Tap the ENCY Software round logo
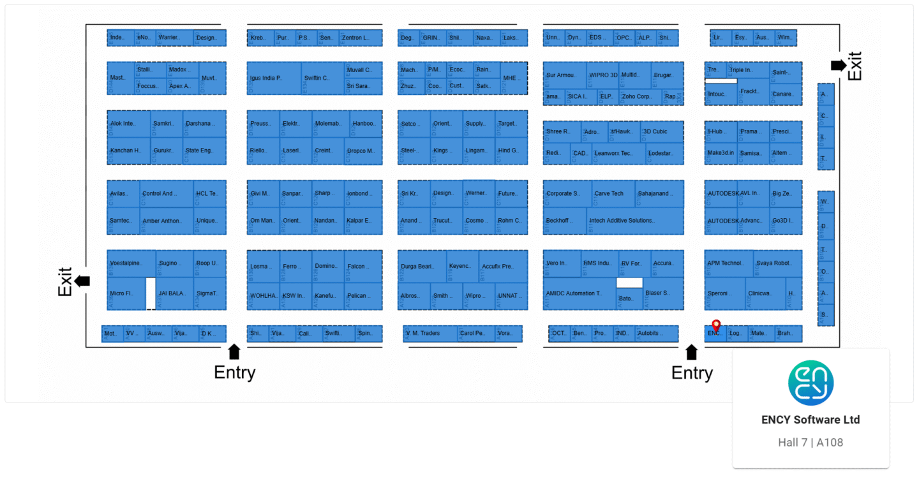(x=811, y=383)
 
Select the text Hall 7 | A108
(x=811, y=442)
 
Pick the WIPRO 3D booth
(x=603, y=75)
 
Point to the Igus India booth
(x=273, y=78)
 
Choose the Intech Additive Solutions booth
(x=634, y=221)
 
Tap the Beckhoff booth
(x=564, y=221)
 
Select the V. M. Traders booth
(x=430, y=334)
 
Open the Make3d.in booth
(x=721, y=153)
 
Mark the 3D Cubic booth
(x=661, y=132)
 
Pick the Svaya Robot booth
(x=777, y=263)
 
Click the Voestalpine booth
(x=131, y=263)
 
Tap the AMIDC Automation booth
(x=579, y=293)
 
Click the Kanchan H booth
(x=128, y=151)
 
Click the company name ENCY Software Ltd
(x=811, y=420)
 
